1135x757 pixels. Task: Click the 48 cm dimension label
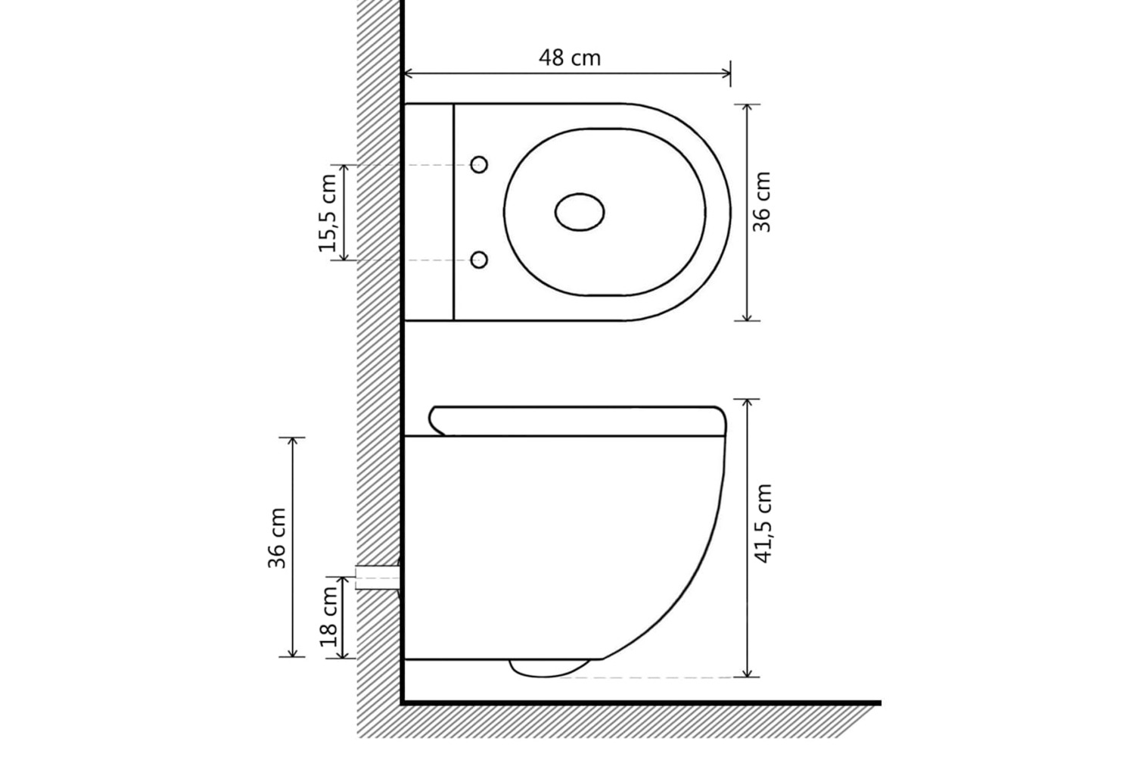[x=570, y=58]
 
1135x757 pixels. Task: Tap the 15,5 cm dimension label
[x=328, y=213]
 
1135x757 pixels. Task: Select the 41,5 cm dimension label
[x=763, y=523]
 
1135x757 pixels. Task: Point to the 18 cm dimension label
[x=329, y=616]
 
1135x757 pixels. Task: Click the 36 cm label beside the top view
[x=761, y=202]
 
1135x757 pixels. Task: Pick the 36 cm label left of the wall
[x=277, y=538]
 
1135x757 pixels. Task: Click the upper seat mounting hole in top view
[x=479, y=165]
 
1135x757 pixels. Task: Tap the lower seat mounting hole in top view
[x=479, y=260]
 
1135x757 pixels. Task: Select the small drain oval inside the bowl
[x=580, y=212]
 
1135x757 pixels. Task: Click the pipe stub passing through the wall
[x=378, y=578]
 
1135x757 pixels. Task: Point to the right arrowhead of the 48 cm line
[x=726, y=74]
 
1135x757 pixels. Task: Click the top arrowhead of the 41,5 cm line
[x=747, y=403]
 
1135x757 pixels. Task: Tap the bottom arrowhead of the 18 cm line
[x=344, y=653]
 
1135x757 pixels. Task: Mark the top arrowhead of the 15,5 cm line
[x=344, y=170]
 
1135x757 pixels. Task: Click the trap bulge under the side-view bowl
[x=550, y=668]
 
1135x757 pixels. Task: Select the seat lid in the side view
[x=577, y=421]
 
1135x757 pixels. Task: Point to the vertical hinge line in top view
[x=453, y=213]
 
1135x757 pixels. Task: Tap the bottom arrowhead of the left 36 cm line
[x=292, y=653]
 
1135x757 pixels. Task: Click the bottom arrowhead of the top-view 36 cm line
[x=747, y=316]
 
